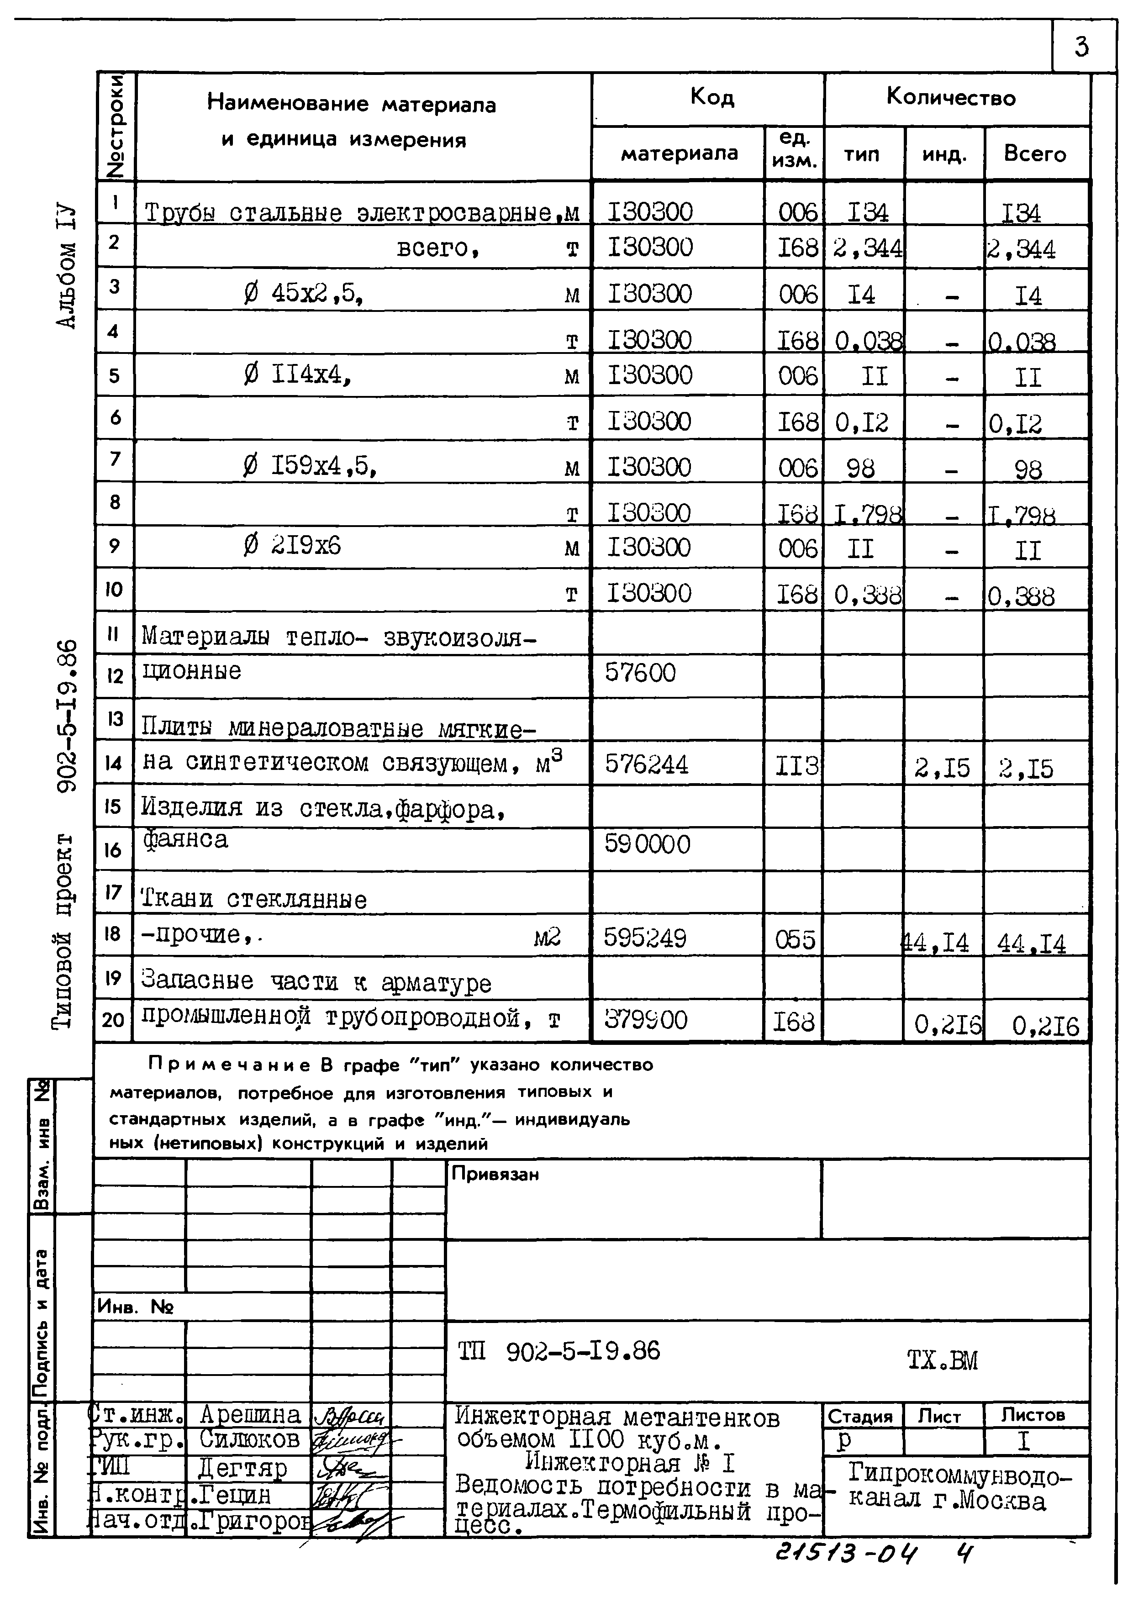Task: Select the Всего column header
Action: click(x=1035, y=153)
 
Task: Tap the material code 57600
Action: click(x=640, y=673)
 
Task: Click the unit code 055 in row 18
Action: click(x=795, y=940)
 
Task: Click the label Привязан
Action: click(x=495, y=1174)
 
